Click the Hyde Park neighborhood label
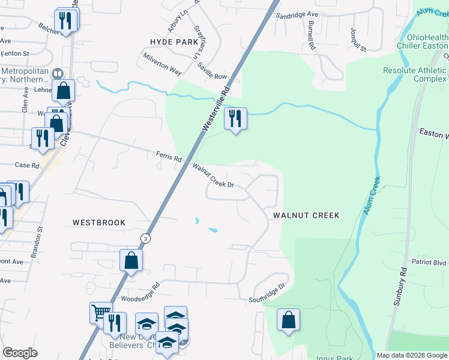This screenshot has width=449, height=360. pos(173,41)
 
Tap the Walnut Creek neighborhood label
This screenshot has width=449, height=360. pos(306,215)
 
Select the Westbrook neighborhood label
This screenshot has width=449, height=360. pos(99,222)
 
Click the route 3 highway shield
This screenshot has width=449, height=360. pos(145,238)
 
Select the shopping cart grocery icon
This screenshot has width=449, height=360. pos(101,313)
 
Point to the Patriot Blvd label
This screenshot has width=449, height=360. pos(429,262)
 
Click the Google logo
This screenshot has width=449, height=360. pos(20,353)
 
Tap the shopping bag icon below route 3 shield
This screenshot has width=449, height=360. pos(130,261)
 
